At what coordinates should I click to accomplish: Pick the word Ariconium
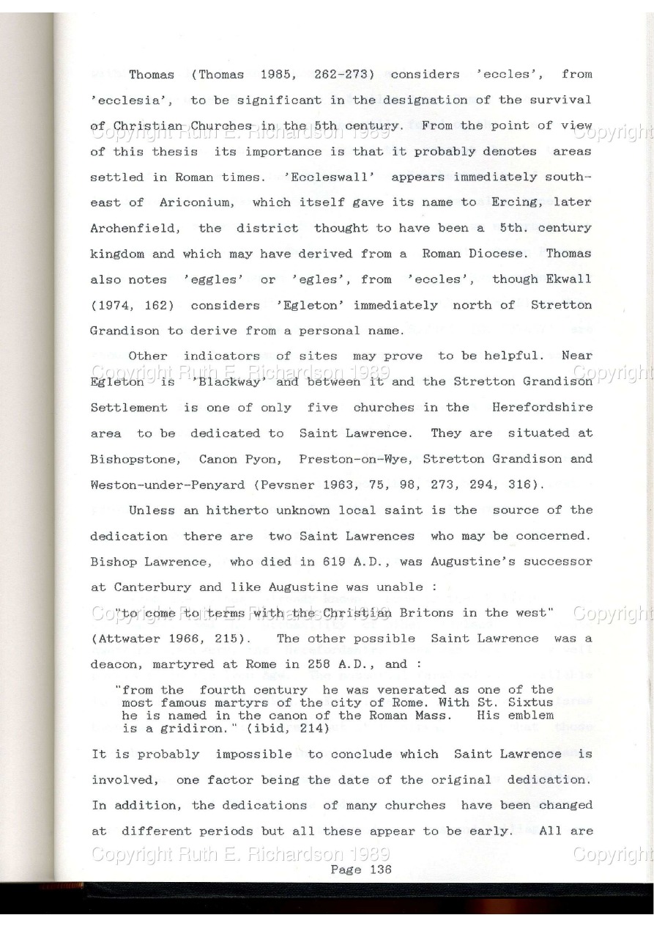coord(206,202)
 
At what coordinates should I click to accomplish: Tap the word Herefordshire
coord(542,407)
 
